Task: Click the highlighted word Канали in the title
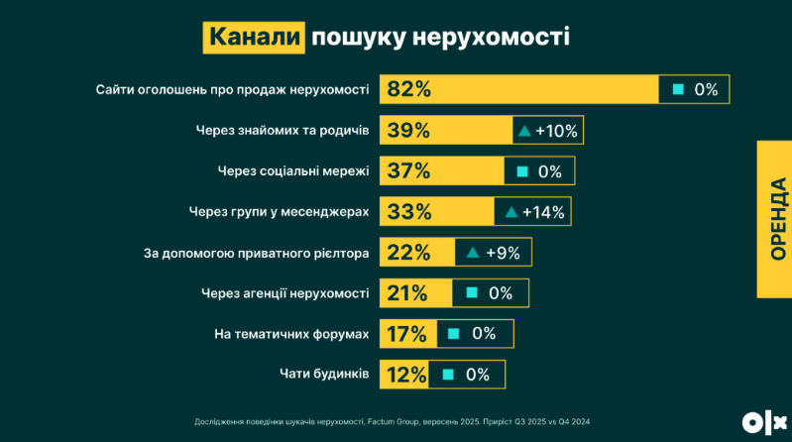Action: pos(254,37)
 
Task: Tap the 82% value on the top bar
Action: pos(408,89)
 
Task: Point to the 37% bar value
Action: pos(408,170)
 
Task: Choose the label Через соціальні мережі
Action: pos(293,170)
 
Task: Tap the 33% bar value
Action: pos(408,211)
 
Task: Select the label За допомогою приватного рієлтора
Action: pos(257,253)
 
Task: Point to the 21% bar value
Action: pos(407,293)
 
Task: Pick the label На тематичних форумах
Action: pos(291,334)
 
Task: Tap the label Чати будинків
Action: pos(323,375)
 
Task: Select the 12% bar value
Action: pos(406,375)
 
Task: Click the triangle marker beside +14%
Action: pos(511,211)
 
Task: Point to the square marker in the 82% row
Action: pos(678,89)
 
